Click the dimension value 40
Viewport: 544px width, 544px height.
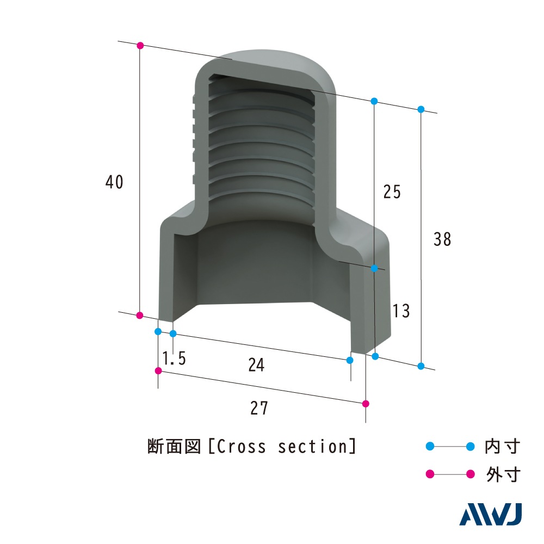pyautogui.click(x=115, y=182)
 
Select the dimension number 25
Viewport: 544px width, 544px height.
pyautogui.click(x=392, y=192)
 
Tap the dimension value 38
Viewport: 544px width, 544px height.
pyautogui.click(x=442, y=239)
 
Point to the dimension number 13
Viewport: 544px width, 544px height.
pyautogui.click(x=400, y=312)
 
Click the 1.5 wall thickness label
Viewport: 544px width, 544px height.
pyautogui.click(x=174, y=358)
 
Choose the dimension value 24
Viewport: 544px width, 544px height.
pyautogui.click(x=256, y=366)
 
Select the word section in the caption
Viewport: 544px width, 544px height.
pyautogui.click(x=312, y=447)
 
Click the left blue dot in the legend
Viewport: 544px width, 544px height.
pyautogui.click(x=430, y=447)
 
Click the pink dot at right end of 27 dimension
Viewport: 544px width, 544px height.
pyautogui.click(x=366, y=404)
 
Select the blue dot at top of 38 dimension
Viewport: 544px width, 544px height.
pyautogui.click(x=421, y=109)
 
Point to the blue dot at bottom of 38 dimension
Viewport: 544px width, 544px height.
pyautogui.click(x=421, y=366)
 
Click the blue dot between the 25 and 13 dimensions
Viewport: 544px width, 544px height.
pyautogui.click(x=374, y=268)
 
